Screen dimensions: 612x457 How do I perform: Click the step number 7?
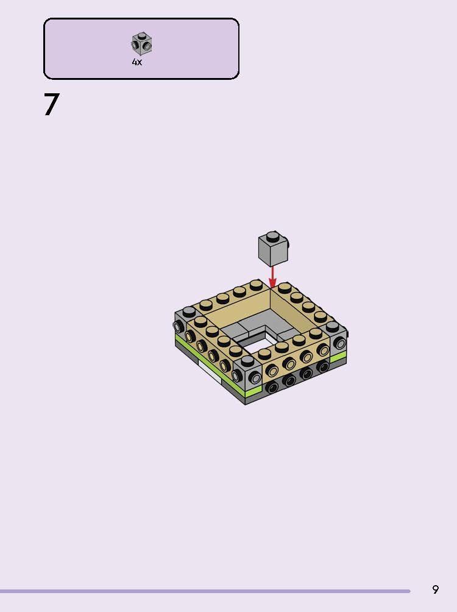pos(52,104)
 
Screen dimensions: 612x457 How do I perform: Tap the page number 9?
pos(435,589)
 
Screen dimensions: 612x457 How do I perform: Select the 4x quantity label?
pos(137,62)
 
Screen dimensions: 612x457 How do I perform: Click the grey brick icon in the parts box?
pos(141,43)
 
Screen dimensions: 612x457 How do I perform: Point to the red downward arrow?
pos(272,276)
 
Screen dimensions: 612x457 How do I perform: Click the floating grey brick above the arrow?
pos(272,250)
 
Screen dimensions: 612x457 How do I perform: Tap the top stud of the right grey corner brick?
pos(332,326)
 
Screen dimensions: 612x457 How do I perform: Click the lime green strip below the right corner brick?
pos(339,355)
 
